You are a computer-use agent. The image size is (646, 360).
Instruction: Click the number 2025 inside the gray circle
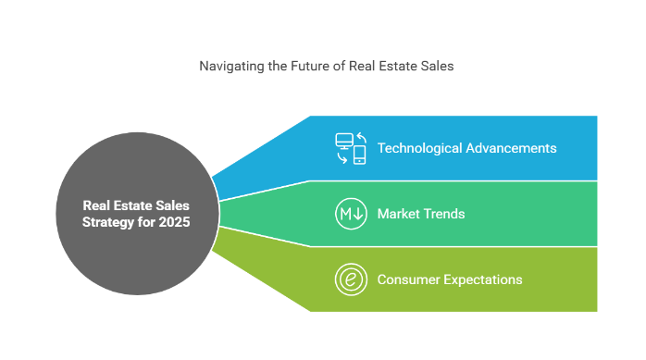[174, 222]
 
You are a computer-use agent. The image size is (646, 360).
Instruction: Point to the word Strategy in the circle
[108, 222]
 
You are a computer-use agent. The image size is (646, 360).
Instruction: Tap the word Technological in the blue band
[419, 148]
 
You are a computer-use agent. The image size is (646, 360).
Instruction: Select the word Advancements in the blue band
[511, 148]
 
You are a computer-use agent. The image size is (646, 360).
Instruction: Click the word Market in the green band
[397, 214]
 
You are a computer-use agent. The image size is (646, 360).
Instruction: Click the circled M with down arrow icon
[351, 214]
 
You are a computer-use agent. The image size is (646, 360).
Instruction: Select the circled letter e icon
[351, 279]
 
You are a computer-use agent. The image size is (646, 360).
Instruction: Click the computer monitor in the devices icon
[344, 141]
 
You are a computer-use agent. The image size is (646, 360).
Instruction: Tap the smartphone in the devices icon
[359, 155]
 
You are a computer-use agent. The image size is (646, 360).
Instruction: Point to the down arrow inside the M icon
[358, 214]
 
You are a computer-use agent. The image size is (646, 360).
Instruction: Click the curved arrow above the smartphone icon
[362, 137]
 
